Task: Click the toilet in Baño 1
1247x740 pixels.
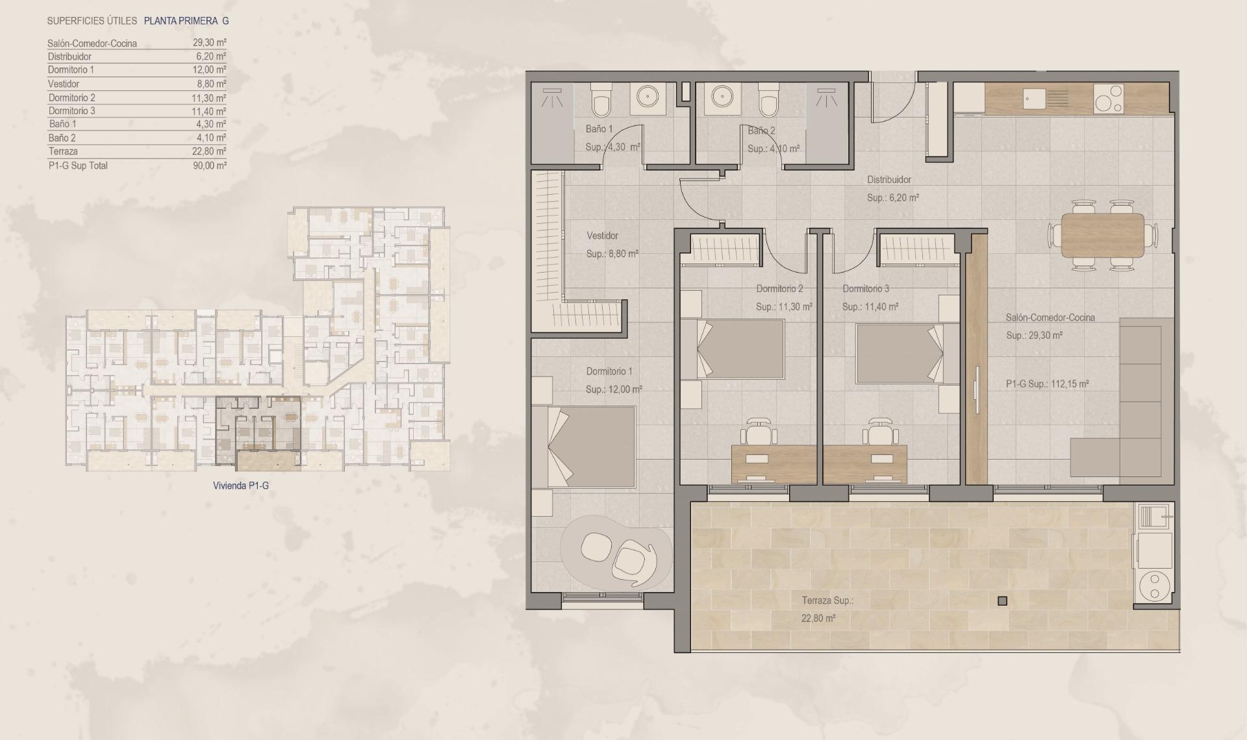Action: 601,103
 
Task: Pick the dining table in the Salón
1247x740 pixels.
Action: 1103,235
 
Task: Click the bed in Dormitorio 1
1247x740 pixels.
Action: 583,447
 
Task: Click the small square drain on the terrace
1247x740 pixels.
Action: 1002,601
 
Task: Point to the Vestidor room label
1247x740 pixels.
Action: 602,236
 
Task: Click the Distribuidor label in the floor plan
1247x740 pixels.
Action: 889,180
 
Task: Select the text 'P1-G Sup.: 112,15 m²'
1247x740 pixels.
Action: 1047,384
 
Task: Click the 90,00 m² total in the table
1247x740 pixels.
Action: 209,166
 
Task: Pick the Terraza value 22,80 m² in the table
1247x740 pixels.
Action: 209,151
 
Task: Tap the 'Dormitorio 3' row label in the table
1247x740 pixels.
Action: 71,111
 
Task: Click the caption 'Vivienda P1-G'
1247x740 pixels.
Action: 241,486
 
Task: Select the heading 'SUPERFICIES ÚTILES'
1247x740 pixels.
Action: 92,21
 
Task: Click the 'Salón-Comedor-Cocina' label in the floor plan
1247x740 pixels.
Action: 1050,317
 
